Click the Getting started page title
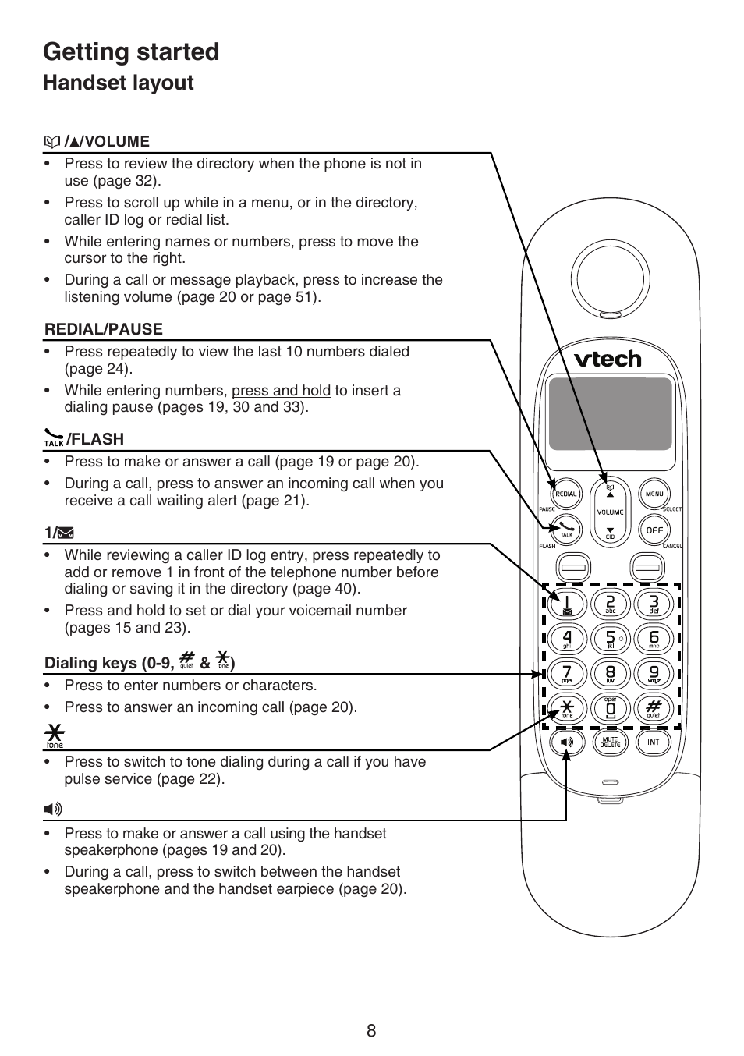tap(131, 52)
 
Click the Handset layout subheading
tap(118, 83)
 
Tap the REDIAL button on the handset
tap(566, 494)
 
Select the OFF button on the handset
tap(654, 530)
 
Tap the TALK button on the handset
tap(566, 530)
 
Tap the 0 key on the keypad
tap(611, 709)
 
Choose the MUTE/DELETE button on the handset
tap(610, 742)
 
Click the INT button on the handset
tap(654, 742)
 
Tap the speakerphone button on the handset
tap(566, 742)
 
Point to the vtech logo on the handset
tap(608, 359)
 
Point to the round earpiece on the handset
tap(610, 278)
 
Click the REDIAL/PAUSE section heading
tap(104, 329)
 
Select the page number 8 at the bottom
tap(371, 1030)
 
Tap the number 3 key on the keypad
tap(654, 604)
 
